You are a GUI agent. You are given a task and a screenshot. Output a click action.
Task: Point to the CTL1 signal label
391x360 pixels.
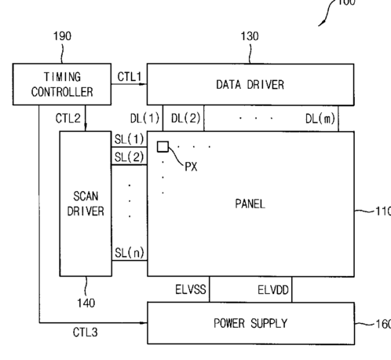click(130, 77)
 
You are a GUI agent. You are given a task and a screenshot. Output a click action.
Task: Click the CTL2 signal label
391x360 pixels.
click(68, 118)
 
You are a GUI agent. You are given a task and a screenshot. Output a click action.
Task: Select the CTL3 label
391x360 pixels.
click(85, 332)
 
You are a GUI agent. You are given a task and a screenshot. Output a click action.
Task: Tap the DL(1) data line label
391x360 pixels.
click(144, 119)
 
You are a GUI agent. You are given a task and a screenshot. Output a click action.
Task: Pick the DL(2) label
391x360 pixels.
click(186, 118)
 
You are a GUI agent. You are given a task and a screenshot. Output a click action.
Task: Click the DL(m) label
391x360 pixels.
click(320, 119)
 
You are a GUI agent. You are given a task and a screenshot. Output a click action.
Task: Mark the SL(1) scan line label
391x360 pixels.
click(129, 139)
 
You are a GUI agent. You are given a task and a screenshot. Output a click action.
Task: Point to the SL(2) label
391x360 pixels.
click(129, 157)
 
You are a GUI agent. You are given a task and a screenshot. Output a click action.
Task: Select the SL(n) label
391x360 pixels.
click(130, 252)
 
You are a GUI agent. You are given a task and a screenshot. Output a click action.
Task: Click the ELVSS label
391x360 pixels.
click(191, 289)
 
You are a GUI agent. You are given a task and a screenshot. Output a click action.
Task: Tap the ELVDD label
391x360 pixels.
click(273, 290)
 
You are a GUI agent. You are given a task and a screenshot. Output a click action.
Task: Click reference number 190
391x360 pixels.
click(62, 36)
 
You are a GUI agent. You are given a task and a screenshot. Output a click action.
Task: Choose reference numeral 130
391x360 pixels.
click(250, 36)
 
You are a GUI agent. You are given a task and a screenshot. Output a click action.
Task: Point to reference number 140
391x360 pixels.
click(86, 303)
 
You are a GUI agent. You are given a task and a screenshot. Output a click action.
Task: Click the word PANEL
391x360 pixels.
click(250, 204)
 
